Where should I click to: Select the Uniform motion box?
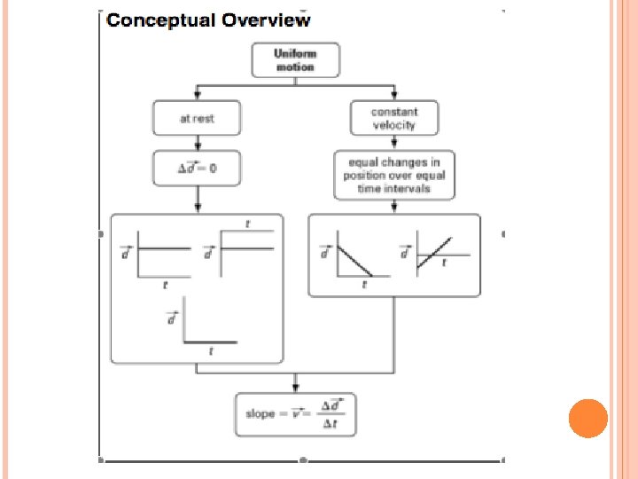click(295, 60)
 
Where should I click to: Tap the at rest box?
click(197, 118)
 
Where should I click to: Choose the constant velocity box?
click(394, 118)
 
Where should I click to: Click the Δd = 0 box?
click(197, 169)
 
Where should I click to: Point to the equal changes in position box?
click(393, 176)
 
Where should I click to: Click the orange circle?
click(587, 418)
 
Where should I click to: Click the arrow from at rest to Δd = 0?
click(197, 144)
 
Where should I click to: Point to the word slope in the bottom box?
click(261, 414)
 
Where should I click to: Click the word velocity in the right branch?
click(394, 125)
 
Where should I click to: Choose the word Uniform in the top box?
click(295, 53)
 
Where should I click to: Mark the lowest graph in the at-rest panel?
click(209, 329)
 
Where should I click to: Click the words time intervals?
click(393, 188)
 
